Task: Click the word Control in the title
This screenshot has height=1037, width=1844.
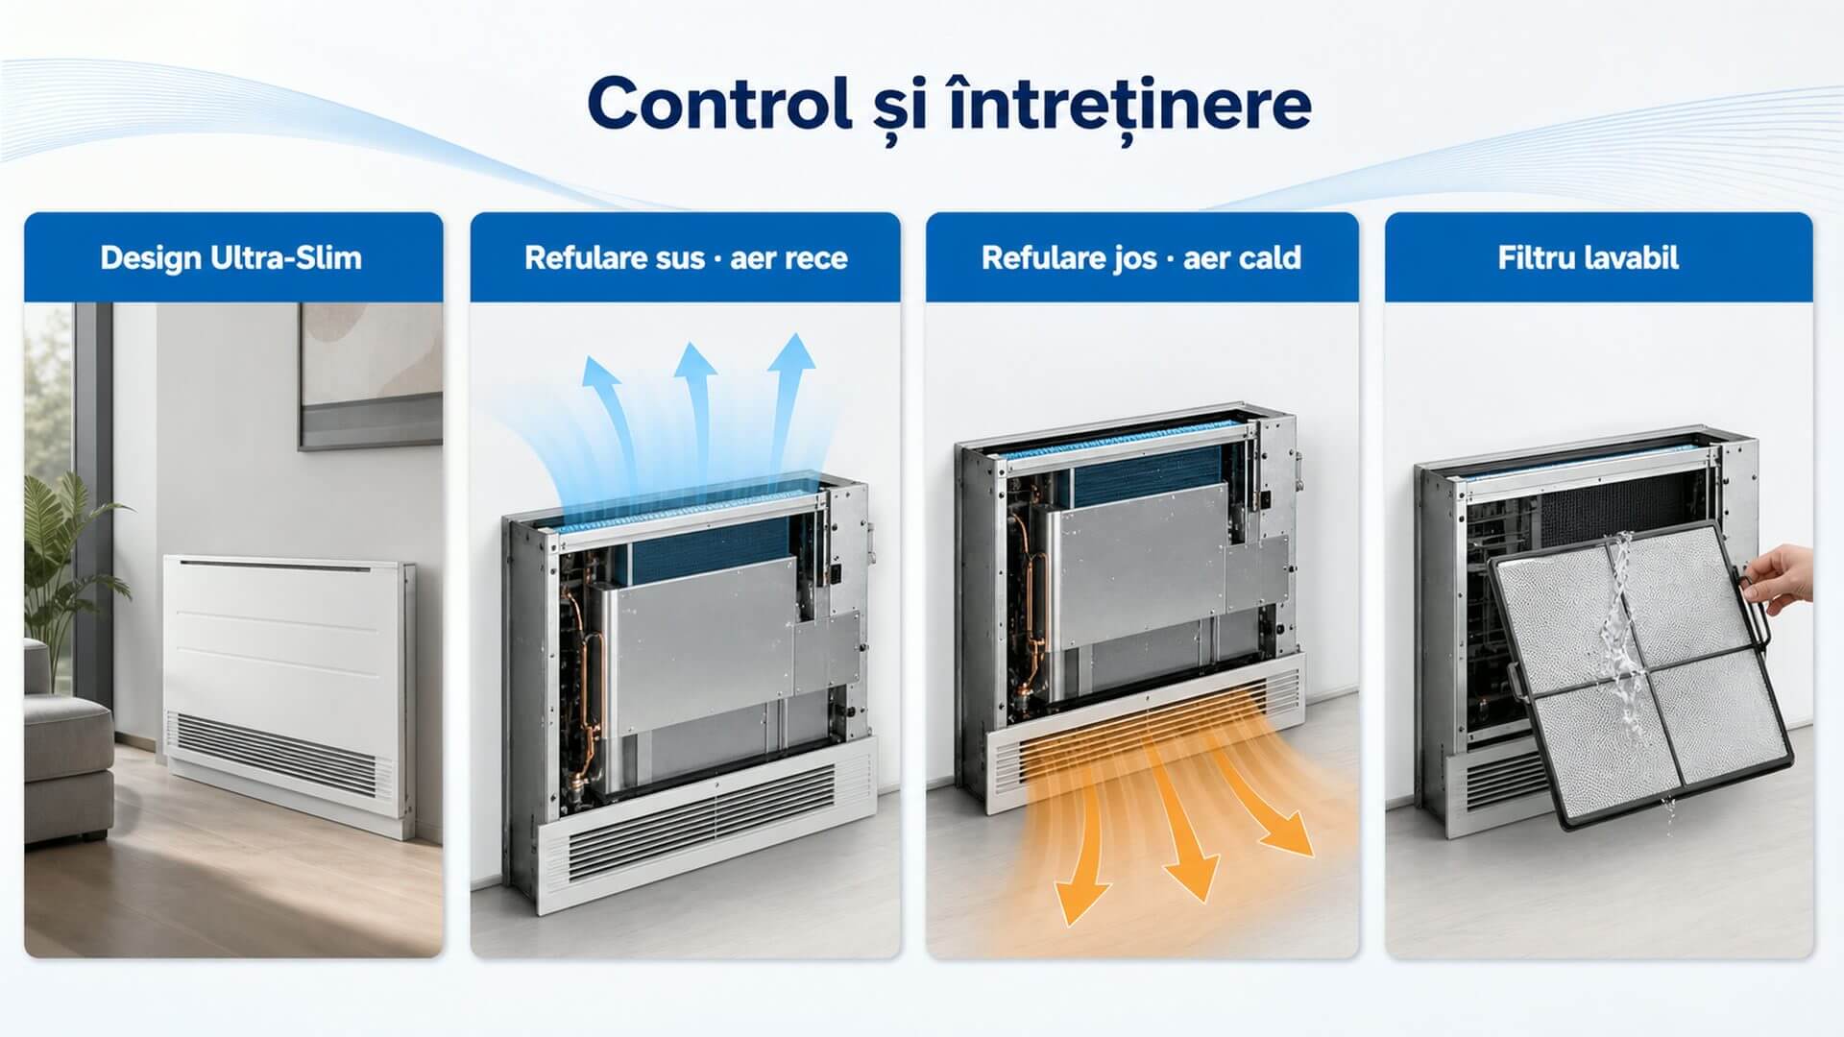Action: [719, 104]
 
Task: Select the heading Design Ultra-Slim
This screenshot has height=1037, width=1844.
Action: [231, 257]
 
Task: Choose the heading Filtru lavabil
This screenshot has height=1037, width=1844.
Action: [1589, 257]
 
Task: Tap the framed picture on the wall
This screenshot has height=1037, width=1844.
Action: [371, 376]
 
